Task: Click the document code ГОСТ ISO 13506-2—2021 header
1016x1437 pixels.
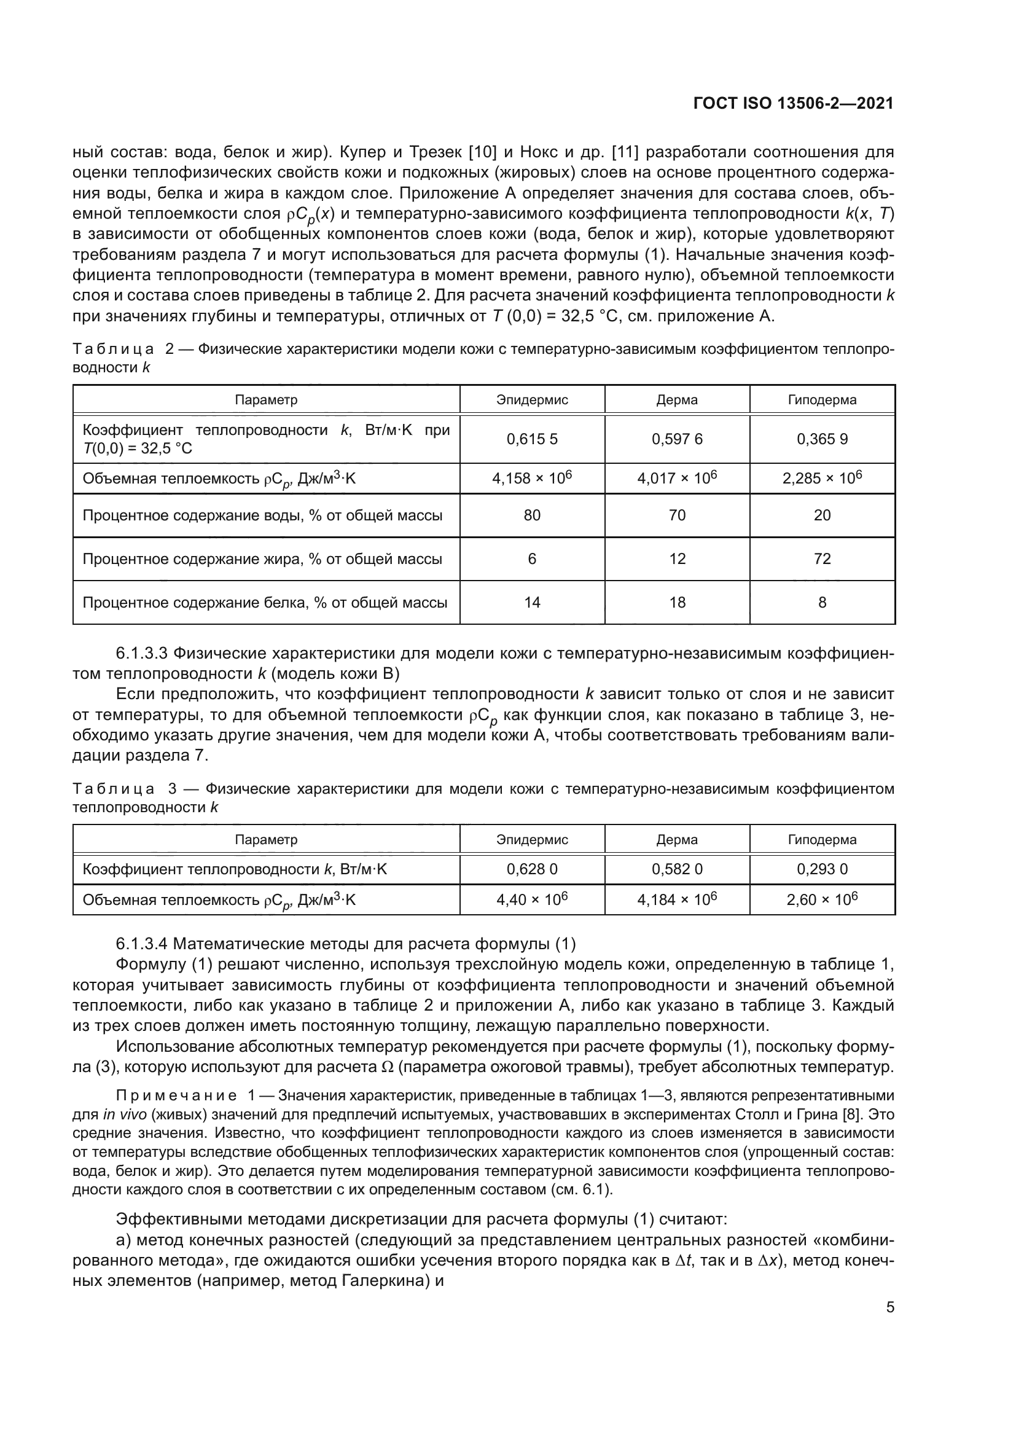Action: (x=793, y=104)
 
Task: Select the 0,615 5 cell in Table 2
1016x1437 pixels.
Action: (x=532, y=439)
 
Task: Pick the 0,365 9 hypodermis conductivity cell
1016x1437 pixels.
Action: (x=822, y=439)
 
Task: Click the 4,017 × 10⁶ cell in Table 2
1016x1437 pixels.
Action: (x=677, y=479)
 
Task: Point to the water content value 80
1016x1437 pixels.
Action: (x=532, y=515)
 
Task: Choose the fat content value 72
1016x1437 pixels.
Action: (x=822, y=559)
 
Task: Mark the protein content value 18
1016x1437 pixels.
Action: (x=677, y=603)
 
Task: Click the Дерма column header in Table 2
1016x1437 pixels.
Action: (x=677, y=400)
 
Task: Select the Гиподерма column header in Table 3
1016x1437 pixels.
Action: (x=822, y=840)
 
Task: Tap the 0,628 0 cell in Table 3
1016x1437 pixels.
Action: (x=532, y=869)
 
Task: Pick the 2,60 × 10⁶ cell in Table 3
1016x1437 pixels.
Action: (x=822, y=900)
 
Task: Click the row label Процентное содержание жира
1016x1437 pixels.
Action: (x=262, y=559)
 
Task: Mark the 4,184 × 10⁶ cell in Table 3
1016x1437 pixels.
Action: (x=677, y=900)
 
